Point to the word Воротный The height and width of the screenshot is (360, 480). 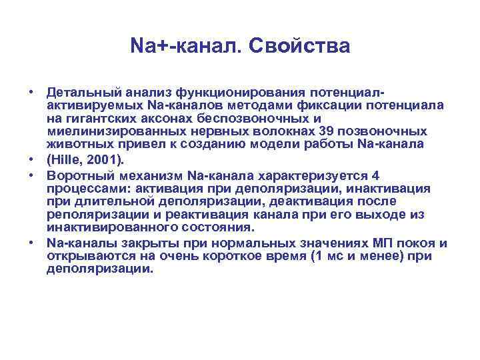(75, 175)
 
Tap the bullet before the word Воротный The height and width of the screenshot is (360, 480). (32, 176)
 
